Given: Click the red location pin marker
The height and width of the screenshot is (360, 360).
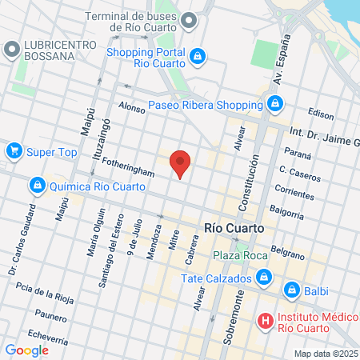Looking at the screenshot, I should pyautogui.click(x=181, y=163).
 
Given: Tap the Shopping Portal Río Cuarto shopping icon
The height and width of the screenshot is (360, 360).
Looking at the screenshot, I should pyautogui.click(x=198, y=55).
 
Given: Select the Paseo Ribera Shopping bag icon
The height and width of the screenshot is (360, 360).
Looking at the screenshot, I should pyautogui.click(x=274, y=104).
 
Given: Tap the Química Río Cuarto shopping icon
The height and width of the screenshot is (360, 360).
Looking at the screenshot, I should pyautogui.click(x=37, y=186).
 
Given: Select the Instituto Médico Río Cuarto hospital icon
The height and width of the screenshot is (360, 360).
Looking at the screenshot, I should pyautogui.click(x=265, y=322).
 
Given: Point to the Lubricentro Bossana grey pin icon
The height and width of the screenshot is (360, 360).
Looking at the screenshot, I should pyautogui.click(x=11, y=50).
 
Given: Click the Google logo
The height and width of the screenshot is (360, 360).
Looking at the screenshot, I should pyautogui.click(x=26, y=350).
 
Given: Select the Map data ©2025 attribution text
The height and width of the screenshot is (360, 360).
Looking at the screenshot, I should pyautogui.click(x=326, y=354).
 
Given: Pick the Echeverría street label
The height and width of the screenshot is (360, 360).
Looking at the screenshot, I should pyautogui.click(x=45, y=335).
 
